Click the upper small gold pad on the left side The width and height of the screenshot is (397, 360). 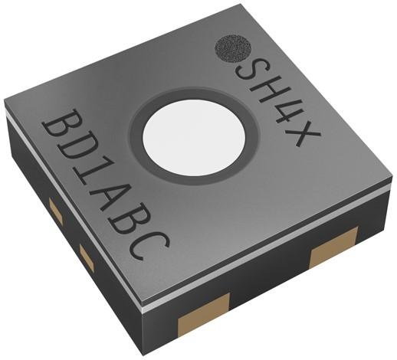tap(55, 207)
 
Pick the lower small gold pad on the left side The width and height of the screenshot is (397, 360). tap(86, 258)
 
